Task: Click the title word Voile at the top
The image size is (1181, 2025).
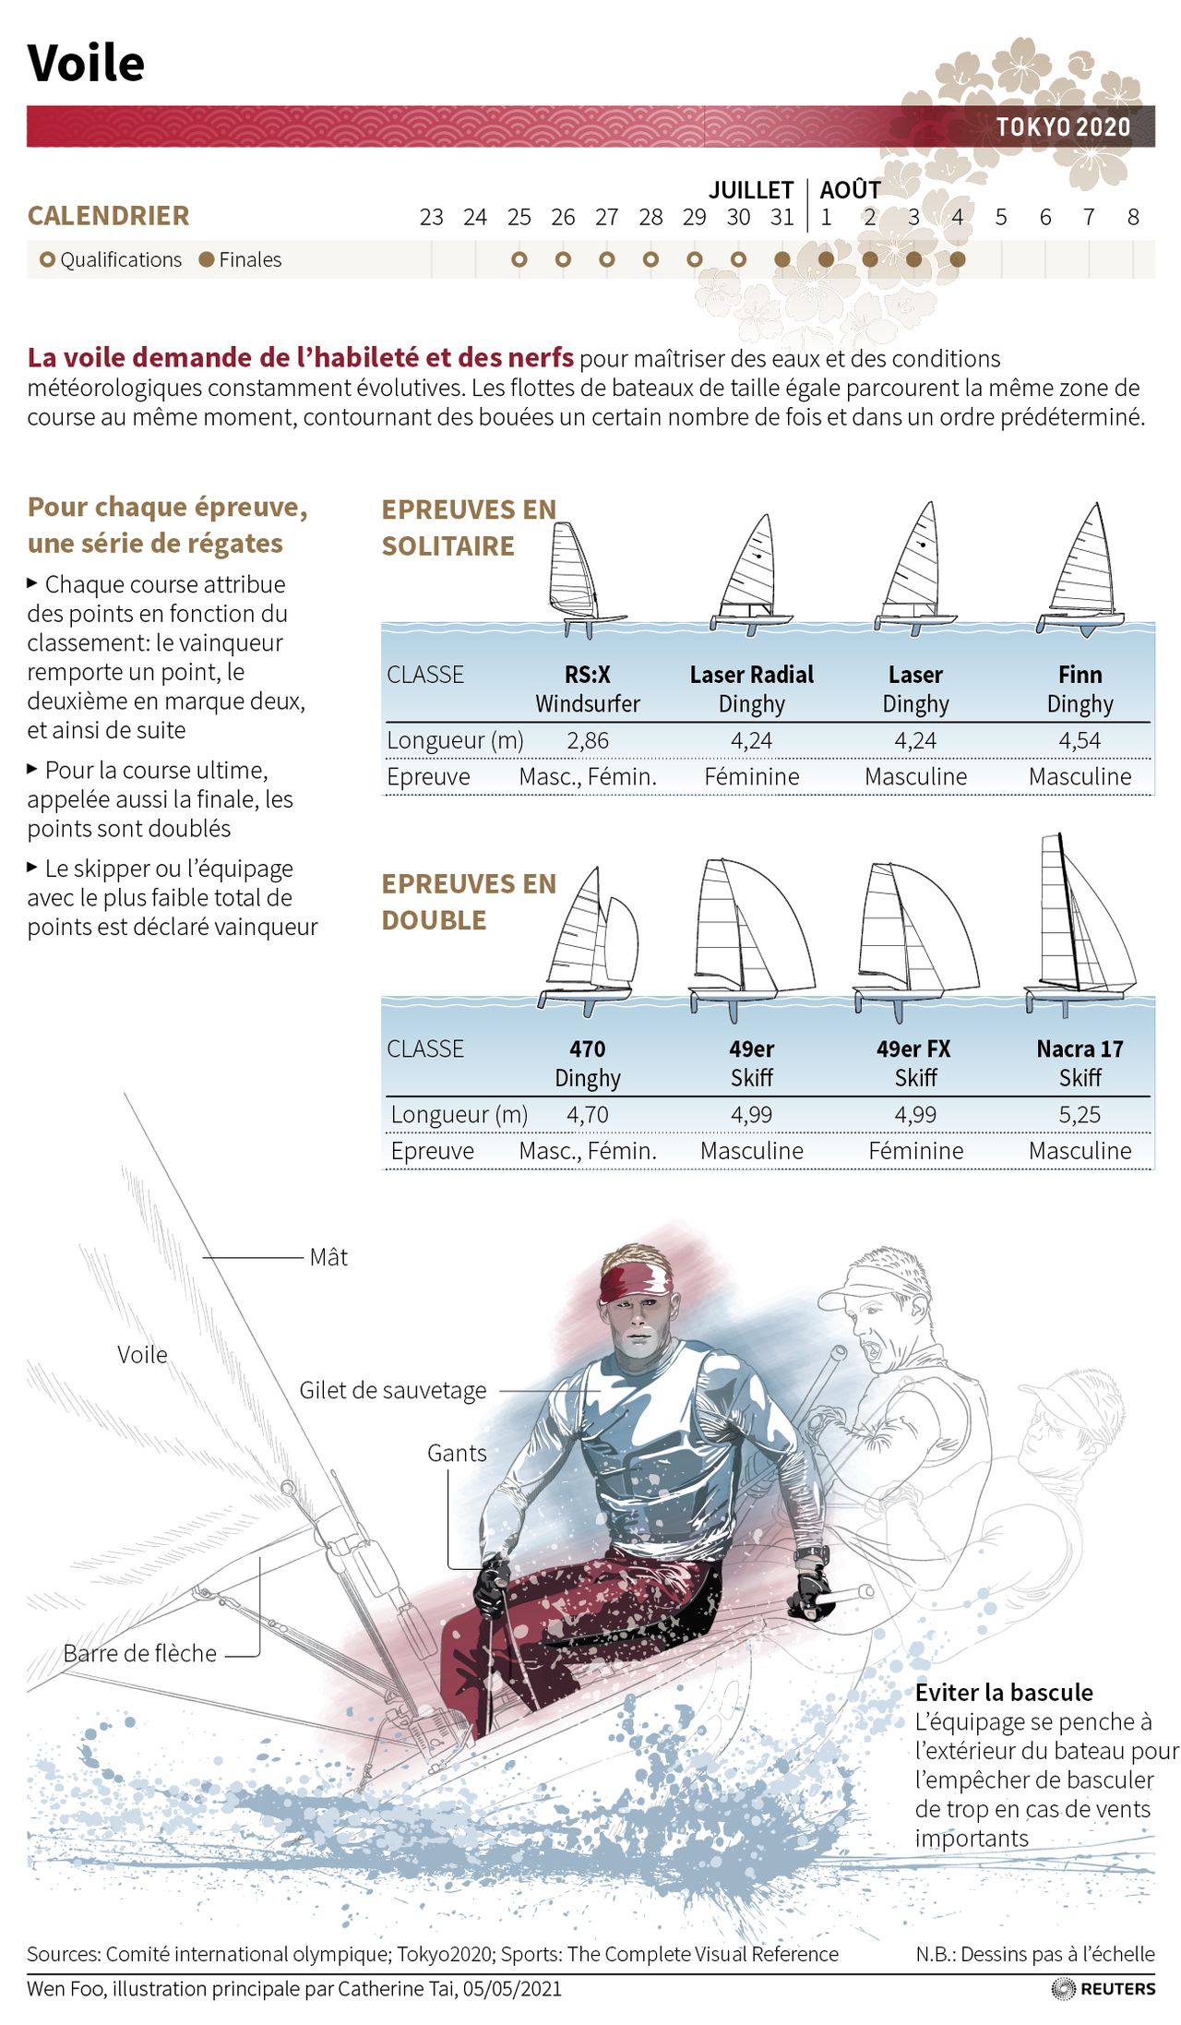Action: [x=86, y=64]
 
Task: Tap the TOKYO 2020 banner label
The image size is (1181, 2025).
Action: [x=1063, y=126]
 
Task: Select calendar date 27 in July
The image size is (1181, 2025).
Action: [x=606, y=217]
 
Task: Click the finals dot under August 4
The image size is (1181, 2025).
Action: [x=958, y=259]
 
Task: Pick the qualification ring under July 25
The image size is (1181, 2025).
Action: [x=519, y=259]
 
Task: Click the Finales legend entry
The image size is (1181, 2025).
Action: [x=240, y=259]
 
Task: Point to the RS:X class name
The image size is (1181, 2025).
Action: [x=588, y=675]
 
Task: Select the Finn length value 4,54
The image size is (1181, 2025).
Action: [x=1080, y=740]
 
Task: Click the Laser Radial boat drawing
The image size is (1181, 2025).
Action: [x=752, y=574]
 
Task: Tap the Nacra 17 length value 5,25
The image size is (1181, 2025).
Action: [x=1080, y=1114]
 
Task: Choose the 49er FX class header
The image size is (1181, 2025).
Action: [x=913, y=1048]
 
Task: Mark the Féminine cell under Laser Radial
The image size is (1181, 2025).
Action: [x=752, y=776]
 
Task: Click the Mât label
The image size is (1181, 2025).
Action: [x=328, y=1257]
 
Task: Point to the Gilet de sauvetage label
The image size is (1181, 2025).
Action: [x=393, y=1390]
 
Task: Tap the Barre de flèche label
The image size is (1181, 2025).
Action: [x=140, y=1653]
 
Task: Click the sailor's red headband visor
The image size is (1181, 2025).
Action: [x=637, y=1282]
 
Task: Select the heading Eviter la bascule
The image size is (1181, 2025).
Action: [x=1004, y=1692]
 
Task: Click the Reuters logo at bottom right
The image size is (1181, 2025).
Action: [x=1103, y=1988]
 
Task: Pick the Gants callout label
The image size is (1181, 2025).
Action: [x=457, y=1453]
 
